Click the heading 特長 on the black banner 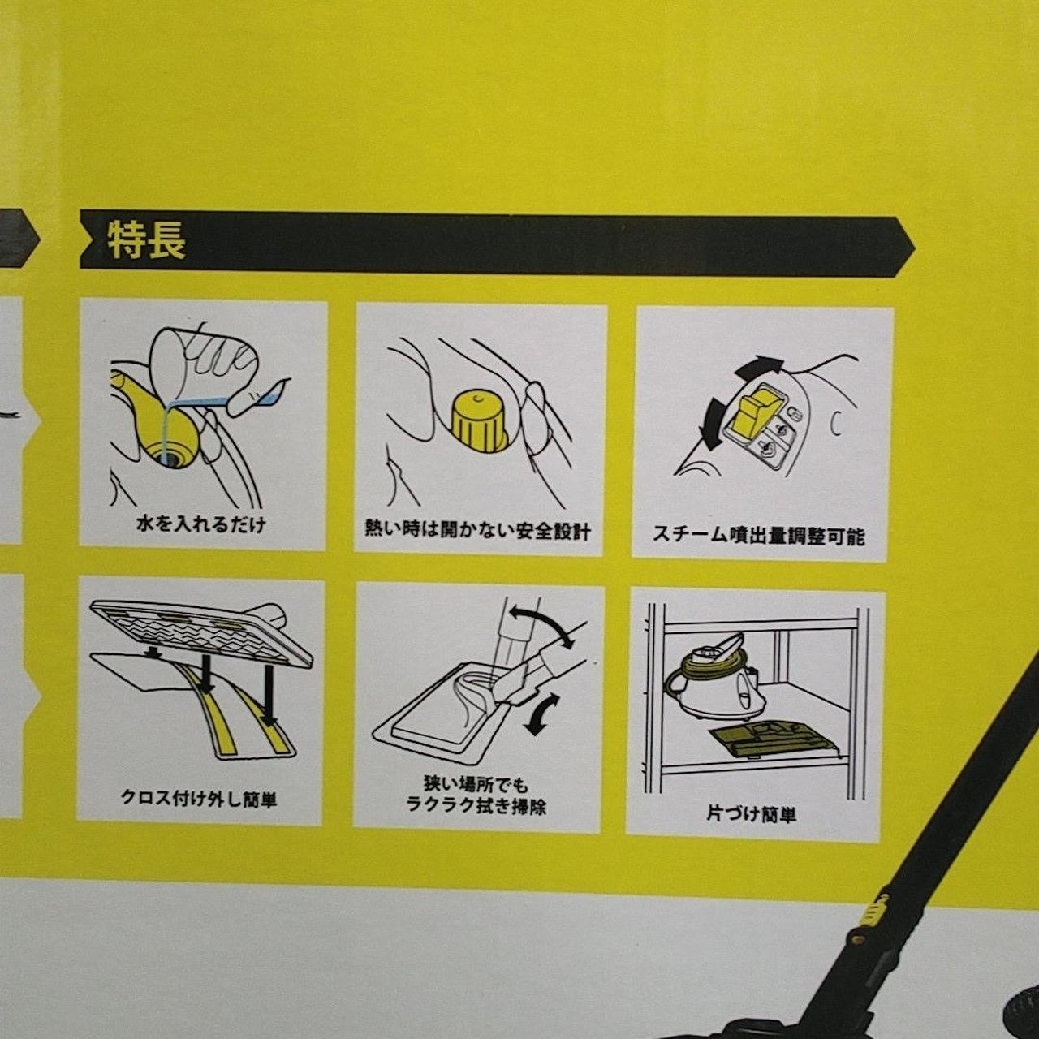click(147, 241)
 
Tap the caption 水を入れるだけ click(201, 524)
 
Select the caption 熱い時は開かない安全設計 click(478, 531)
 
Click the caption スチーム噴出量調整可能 click(759, 536)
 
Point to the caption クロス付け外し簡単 click(198, 799)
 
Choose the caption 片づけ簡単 click(751, 813)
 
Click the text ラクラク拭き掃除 click(476, 807)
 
